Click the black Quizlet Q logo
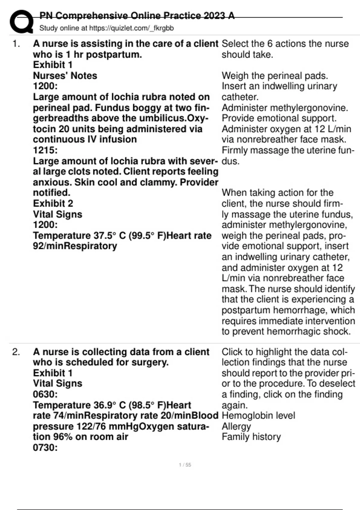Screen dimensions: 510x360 point(21,22)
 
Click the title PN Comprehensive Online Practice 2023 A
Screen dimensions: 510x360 point(137,16)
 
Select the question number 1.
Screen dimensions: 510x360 point(16,44)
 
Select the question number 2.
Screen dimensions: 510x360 point(16,352)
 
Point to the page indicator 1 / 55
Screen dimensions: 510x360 point(185,465)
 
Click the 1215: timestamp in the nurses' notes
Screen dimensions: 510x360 point(45,150)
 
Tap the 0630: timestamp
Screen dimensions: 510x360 point(45,394)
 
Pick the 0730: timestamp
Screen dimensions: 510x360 point(45,448)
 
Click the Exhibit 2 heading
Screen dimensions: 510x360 point(53,203)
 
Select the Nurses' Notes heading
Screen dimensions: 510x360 point(65,76)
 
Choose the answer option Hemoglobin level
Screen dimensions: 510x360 point(258,415)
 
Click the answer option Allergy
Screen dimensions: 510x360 point(236,426)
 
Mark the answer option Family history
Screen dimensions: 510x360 point(251,437)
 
